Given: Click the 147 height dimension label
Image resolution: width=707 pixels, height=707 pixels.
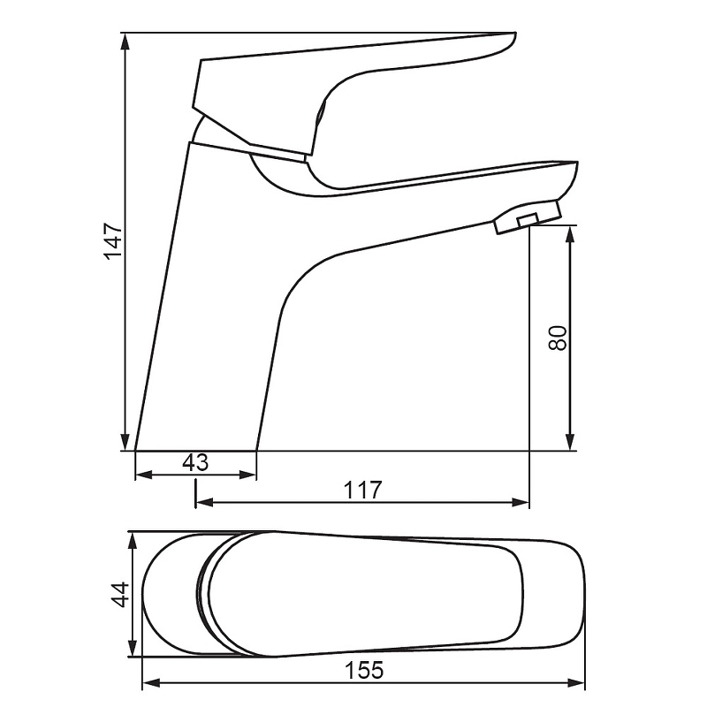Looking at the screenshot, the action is tap(113, 240).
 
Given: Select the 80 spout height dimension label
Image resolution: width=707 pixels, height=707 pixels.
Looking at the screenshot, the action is tap(558, 338).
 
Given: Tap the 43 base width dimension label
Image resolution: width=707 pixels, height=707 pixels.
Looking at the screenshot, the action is tap(195, 462).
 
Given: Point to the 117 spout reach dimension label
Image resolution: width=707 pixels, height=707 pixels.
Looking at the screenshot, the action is tap(363, 490).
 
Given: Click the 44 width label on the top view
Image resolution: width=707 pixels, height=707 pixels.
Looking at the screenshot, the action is tap(120, 595).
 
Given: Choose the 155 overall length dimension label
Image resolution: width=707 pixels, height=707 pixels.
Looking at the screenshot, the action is tap(364, 670).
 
